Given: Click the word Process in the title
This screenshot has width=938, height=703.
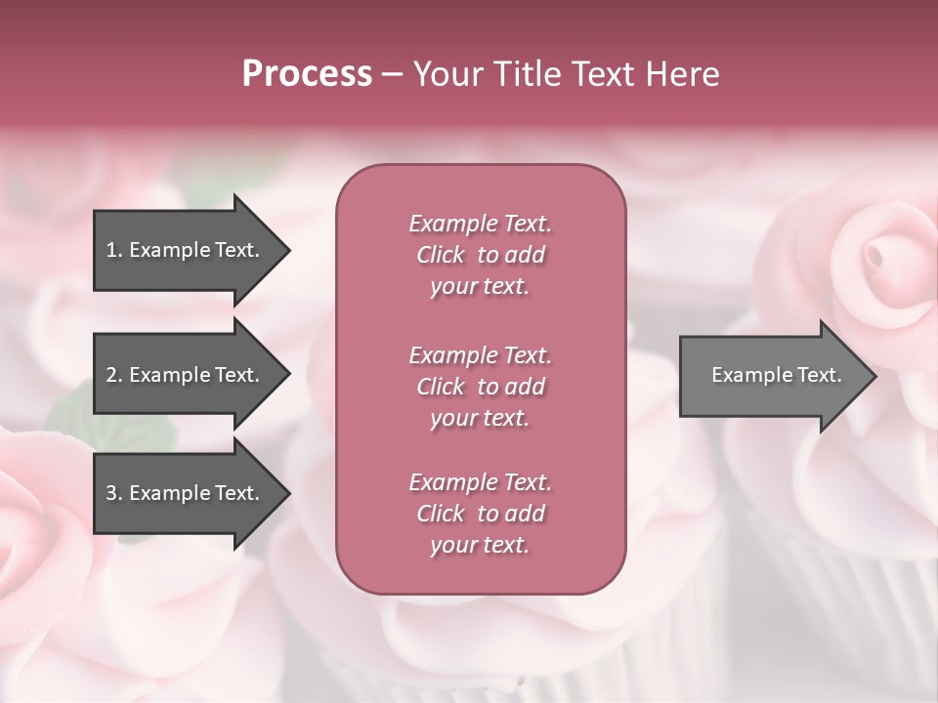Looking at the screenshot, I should tap(307, 74).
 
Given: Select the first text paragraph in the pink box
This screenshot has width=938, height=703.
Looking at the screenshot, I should tap(480, 255).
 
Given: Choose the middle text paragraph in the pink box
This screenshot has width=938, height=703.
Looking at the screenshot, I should tap(480, 386).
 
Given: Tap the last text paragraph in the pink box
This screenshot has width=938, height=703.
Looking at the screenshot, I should tap(480, 514).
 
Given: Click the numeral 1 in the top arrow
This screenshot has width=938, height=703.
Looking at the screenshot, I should tap(111, 250).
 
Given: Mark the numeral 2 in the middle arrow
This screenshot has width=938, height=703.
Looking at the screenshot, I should tap(111, 375).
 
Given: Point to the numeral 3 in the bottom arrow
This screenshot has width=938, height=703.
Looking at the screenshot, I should tap(111, 493).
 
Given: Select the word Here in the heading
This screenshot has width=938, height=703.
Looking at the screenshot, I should tap(683, 74).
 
